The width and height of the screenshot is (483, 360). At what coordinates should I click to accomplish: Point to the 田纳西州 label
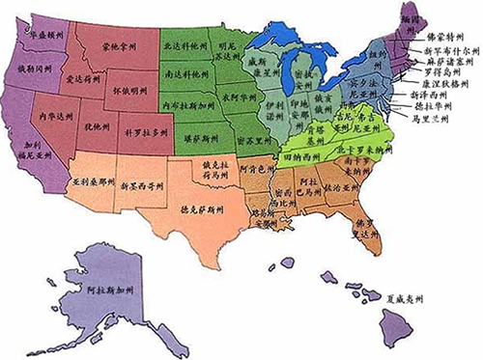pos(303,155)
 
